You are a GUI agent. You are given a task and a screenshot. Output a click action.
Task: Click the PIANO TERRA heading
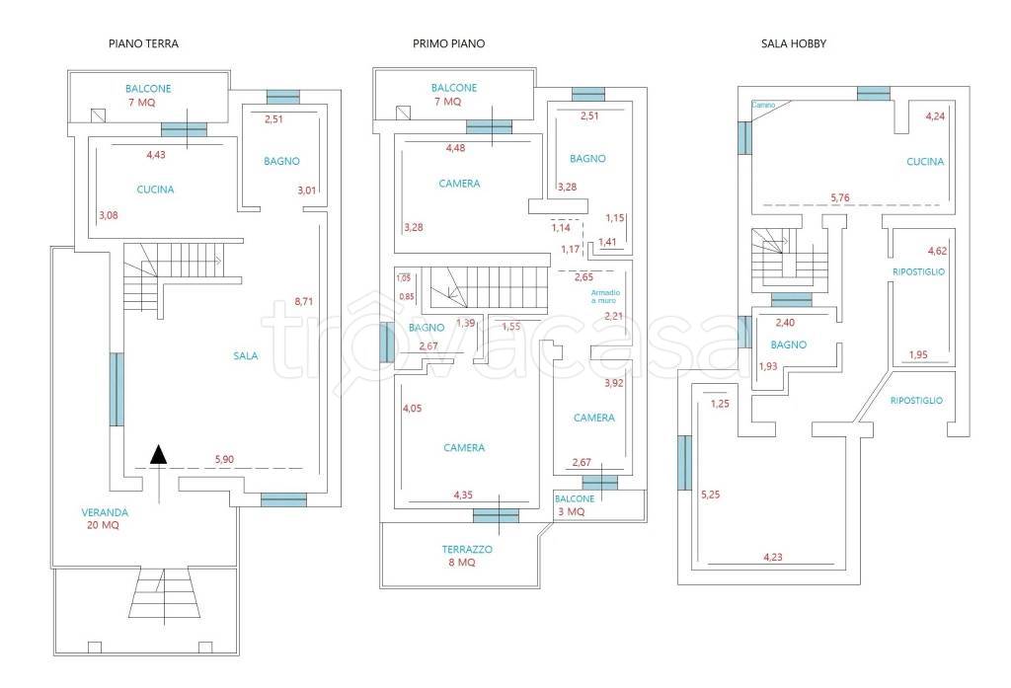(x=143, y=43)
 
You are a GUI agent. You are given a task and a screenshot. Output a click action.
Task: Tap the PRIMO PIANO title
(x=449, y=43)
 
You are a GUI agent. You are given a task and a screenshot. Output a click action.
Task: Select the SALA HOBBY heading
(x=794, y=43)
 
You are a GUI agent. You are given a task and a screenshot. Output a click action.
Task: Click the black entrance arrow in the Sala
(x=159, y=455)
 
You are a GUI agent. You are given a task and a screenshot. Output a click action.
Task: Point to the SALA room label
(x=246, y=355)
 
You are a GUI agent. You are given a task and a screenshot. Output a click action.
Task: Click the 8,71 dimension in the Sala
(x=304, y=301)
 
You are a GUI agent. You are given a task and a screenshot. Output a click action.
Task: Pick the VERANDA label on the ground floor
(x=105, y=512)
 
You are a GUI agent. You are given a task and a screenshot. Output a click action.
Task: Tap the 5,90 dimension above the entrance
(x=224, y=459)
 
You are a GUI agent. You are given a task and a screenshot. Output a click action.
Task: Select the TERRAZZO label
(x=467, y=550)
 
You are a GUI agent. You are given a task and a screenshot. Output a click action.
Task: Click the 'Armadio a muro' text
(x=605, y=296)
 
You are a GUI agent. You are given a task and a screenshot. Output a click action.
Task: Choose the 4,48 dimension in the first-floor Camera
(x=455, y=148)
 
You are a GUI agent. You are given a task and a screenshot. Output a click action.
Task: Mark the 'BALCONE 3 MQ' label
(x=574, y=504)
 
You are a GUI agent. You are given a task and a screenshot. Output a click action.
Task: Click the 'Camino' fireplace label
(x=763, y=105)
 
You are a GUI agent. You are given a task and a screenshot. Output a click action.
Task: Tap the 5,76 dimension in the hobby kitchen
(x=840, y=198)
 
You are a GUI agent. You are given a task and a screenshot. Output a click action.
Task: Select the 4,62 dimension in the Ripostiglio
(x=938, y=251)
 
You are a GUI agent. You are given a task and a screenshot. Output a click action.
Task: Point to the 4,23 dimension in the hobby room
(x=772, y=557)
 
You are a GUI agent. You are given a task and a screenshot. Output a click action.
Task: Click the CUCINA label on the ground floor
(x=155, y=190)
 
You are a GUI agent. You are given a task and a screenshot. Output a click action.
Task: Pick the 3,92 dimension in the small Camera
(x=614, y=383)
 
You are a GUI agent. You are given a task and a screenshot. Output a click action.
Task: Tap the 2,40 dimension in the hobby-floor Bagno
(x=785, y=323)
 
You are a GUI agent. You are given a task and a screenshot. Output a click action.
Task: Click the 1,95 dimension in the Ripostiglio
(x=918, y=354)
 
